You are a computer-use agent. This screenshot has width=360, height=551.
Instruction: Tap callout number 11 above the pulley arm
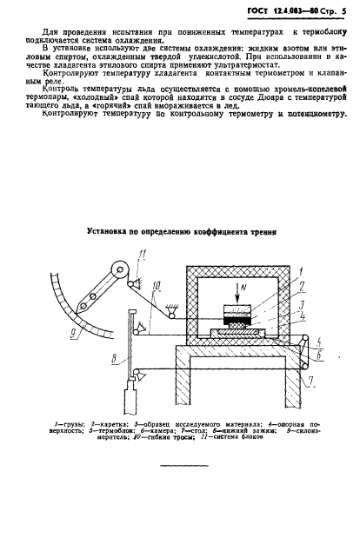[141, 253]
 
